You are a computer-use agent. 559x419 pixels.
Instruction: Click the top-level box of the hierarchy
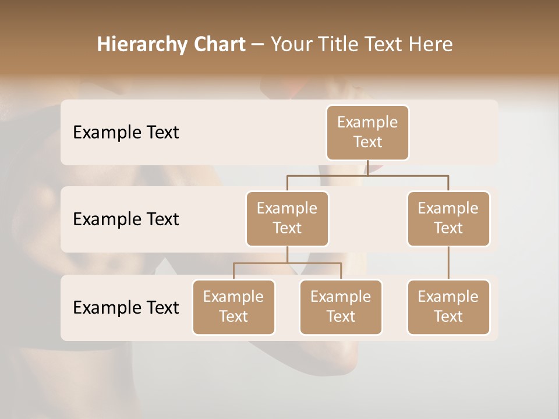[x=367, y=133]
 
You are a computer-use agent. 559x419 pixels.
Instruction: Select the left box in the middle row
[x=287, y=219]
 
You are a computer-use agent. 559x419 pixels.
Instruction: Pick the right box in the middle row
[x=448, y=219]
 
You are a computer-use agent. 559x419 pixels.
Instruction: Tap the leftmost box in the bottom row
[x=233, y=307]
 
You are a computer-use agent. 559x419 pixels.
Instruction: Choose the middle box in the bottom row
[x=341, y=307]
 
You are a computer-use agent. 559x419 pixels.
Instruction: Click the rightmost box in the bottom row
[x=448, y=307]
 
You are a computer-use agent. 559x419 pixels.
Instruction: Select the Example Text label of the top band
[x=126, y=133]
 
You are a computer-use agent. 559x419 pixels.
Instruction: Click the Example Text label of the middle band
[x=126, y=219]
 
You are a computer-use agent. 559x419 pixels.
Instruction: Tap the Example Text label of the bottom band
[x=126, y=307]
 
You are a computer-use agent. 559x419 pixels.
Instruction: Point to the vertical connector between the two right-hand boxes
[x=448, y=263]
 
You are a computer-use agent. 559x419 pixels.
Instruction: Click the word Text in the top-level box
[x=367, y=142]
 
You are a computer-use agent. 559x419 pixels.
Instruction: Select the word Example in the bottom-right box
[x=448, y=297]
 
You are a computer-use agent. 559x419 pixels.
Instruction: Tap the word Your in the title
[x=292, y=44]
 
